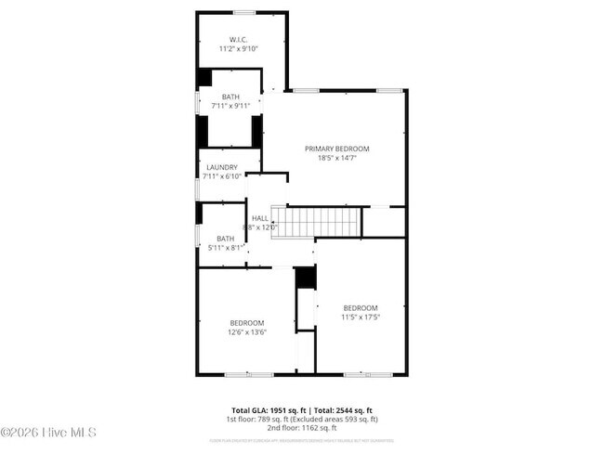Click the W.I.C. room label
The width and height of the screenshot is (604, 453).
click(x=238, y=39)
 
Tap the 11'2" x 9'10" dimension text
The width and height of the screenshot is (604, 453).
click(x=238, y=48)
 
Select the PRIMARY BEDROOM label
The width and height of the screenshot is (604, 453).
click(x=337, y=149)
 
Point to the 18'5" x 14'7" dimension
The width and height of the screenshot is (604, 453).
click(x=337, y=158)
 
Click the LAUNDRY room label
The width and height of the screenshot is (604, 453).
click(x=221, y=167)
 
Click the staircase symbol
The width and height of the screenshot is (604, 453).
click(x=321, y=223)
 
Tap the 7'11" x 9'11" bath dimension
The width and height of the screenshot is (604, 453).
click(x=230, y=106)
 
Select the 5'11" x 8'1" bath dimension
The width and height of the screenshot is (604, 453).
click(x=224, y=247)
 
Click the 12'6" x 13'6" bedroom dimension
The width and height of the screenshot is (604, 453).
click(x=247, y=331)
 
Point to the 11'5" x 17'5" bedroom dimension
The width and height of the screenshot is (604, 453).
click(x=361, y=317)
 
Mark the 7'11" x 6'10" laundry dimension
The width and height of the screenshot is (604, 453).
click(x=221, y=176)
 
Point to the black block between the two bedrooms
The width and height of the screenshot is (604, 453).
click(x=303, y=278)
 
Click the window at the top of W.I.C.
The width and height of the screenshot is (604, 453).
click(x=243, y=12)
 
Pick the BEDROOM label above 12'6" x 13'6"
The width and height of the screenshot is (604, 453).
click(x=247, y=322)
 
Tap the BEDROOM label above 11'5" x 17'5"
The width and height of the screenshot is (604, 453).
click(x=361, y=307)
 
